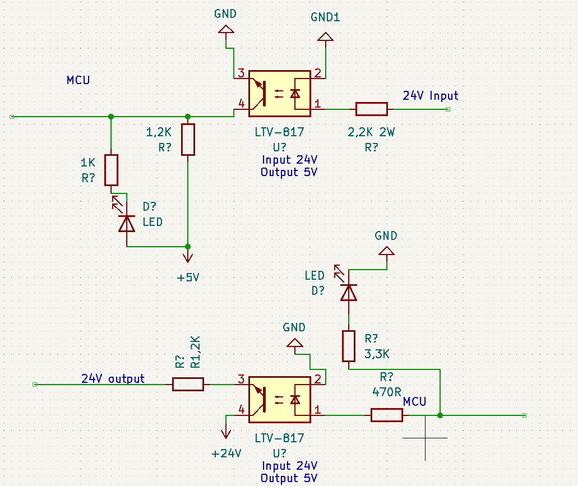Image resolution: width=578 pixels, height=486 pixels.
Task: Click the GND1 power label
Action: coord(325,17)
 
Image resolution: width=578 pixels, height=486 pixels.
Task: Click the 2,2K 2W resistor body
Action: coord(372,109)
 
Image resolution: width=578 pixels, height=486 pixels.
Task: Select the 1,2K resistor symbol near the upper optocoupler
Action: coord(188,140)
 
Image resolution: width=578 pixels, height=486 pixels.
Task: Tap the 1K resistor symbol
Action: coord(111,170)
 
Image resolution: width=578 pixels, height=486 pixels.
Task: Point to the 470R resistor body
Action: coord(387,415)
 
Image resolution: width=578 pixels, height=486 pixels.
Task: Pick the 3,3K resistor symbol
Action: coord(349,346)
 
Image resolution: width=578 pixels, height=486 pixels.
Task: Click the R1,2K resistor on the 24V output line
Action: coord(188,385)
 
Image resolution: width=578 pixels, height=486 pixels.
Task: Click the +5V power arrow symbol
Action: coord(188,256)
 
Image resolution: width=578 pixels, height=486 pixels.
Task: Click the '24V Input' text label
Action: coord(430,96)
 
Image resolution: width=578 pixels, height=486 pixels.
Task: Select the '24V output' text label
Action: coord(113,378)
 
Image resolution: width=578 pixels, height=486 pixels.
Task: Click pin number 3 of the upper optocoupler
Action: coord(241,73)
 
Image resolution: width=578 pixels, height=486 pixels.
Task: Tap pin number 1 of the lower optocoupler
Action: coord(317,409)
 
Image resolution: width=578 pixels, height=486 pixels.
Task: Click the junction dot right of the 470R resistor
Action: coord(440,415)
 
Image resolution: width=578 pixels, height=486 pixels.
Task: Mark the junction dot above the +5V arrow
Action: coord(188,247)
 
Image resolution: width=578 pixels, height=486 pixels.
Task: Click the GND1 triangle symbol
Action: coord(326,36)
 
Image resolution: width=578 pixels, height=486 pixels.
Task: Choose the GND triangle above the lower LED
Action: coord(386,251)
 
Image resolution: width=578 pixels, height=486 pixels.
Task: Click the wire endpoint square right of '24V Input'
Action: coord(448,109)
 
